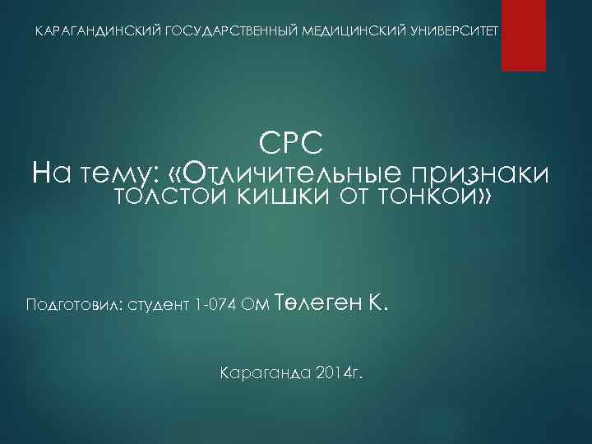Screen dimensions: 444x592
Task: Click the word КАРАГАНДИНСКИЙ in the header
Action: [99, 30]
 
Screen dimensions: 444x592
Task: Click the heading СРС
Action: [295, 145]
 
